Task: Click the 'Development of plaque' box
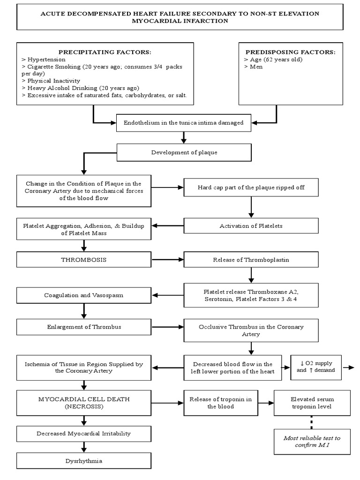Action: coord(184,153)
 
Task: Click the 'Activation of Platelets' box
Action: coord(252,226)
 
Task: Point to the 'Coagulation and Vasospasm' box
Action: coord(84,295)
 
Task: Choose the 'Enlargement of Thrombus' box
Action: coord(84,327)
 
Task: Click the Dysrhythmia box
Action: coord(84,461)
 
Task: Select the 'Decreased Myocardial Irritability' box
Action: coord(84,434)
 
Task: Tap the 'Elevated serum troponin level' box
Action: coord(312,403)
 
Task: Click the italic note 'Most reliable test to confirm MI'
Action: coord(312,441)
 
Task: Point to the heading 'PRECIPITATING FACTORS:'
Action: coord(105,52)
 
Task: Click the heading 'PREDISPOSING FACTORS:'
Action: coord(290,52)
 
